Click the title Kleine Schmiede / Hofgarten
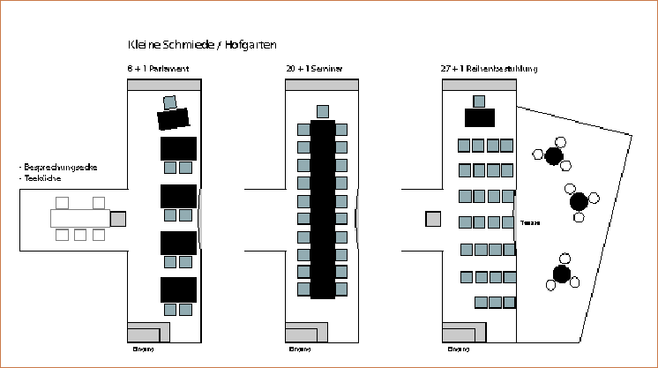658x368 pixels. click(204, 44)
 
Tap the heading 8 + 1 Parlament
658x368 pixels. click(159, 68)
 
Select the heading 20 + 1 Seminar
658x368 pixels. click(314, 68)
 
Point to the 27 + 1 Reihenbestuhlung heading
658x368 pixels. click(490, 68)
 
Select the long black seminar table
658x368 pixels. click(323, 208)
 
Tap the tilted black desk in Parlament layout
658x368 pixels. click(174, 119)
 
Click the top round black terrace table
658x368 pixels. click(554, 156)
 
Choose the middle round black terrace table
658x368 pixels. click(579, 202)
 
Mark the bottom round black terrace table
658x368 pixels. click(562, 272)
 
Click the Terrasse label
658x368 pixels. click(529, 222)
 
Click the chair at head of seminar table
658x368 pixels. click(323, 111)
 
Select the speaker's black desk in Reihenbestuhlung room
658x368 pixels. click(480, 117)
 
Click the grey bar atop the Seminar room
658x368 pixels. click(322, 85)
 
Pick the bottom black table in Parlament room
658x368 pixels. click(178, 289)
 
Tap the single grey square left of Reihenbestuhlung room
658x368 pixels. click(433, 219)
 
